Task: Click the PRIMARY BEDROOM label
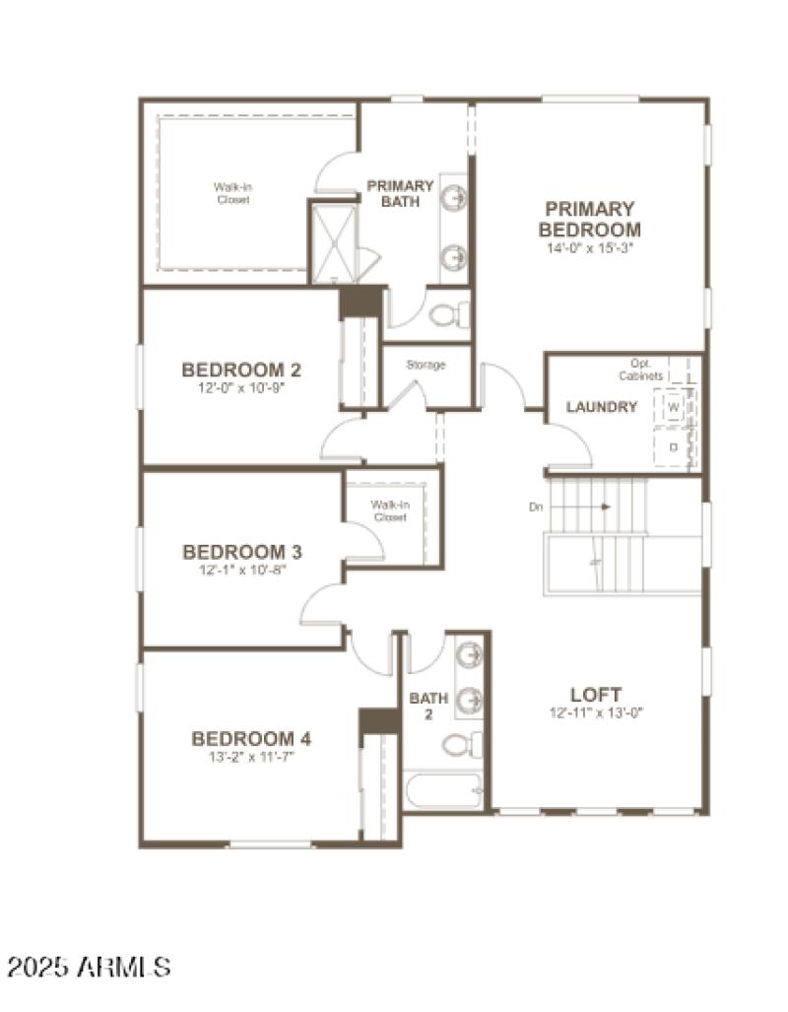pos(589,219)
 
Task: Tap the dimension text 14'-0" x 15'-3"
pos(589,248)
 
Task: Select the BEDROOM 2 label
pos(241,371)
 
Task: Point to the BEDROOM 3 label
pos(241,552)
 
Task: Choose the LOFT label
pos(596,694)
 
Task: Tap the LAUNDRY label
pos(601,407)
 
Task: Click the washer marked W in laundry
pos(674,406)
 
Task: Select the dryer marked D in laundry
pos(674,446)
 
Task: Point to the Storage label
pos(426,365)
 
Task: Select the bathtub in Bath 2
pos(443,789)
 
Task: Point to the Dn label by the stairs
pos(536,507)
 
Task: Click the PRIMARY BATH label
pos(400,193)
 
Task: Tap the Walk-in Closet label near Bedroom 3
pos(389,510)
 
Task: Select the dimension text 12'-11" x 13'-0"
pos(596,712)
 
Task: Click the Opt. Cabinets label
pos(641,370)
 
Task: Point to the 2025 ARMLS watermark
pos(88,965)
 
